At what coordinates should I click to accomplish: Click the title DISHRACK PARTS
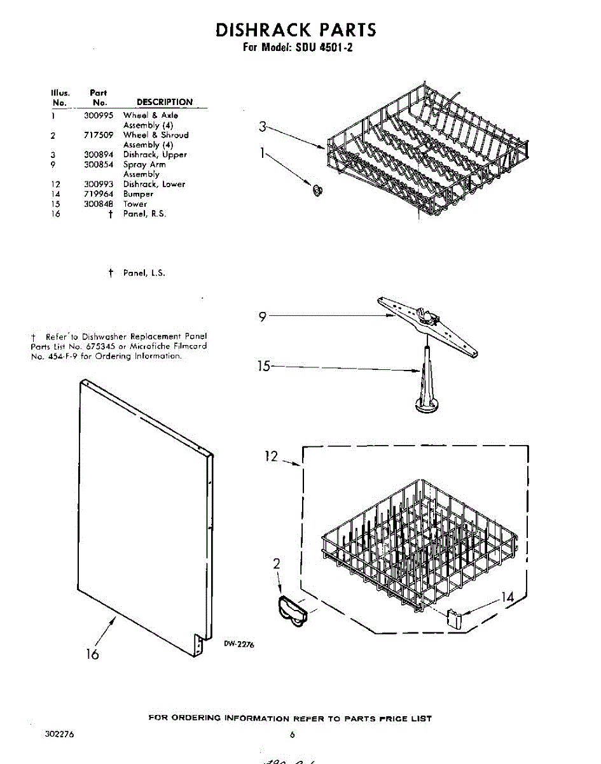(296, 30)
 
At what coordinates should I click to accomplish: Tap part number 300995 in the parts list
(97, 115)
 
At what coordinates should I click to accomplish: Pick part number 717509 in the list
(97, 135)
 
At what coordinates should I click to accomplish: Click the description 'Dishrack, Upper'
(155, 155)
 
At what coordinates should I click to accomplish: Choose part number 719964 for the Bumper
(97, 194)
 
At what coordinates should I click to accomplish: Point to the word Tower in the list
(135, 204)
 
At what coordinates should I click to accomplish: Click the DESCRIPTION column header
(164, 102)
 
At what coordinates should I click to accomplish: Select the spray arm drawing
(428, 325)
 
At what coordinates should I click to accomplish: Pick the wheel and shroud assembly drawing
(293, 612)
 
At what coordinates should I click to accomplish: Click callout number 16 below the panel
(93, 654)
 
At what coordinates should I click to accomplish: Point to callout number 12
(272, 456)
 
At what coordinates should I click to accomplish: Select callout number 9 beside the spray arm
(262, 316)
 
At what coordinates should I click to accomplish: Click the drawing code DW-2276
(238, 644)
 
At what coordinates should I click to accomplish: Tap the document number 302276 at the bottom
(59, 734)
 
